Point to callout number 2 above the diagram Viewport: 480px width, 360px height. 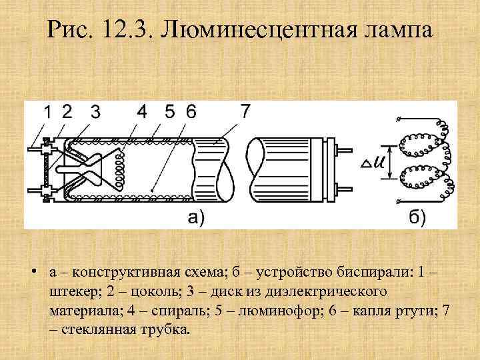pos(67,111)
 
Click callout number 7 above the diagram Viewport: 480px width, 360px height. pos(245,111)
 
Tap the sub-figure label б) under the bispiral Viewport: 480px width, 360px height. pos(417,217)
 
